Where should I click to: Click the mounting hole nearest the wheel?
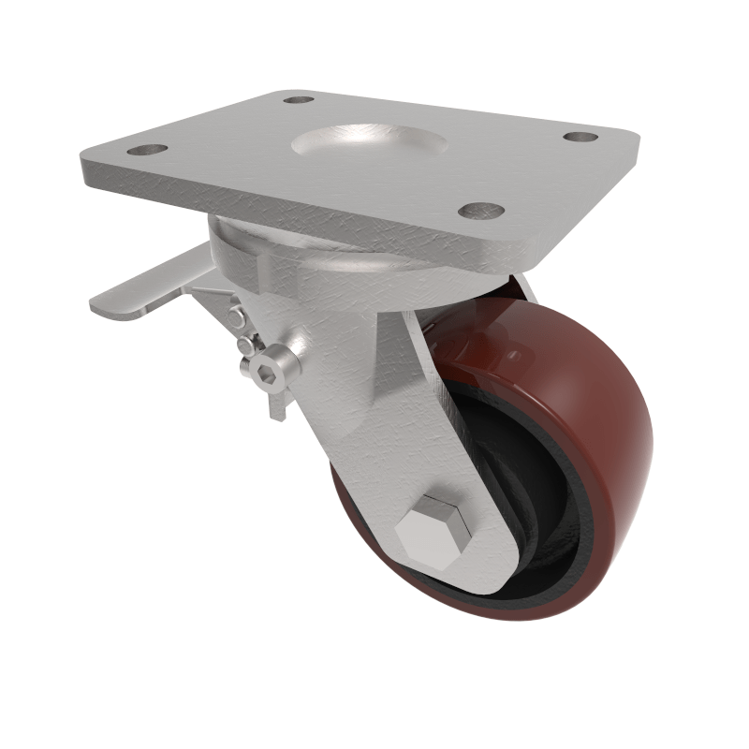(x=481, y=211)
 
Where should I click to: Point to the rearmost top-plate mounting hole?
(x=298, y=98)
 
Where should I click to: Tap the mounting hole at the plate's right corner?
(x=580, y=137)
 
